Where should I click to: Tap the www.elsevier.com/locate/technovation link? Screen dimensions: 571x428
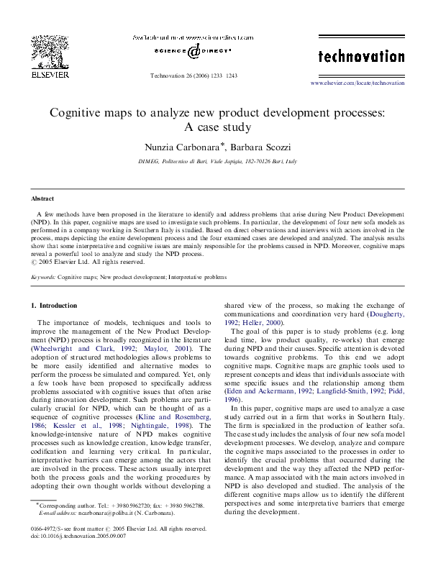pos(357,83)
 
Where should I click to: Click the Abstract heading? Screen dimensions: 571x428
pos(43,198)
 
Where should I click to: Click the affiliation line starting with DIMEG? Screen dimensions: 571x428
pos(217,162)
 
